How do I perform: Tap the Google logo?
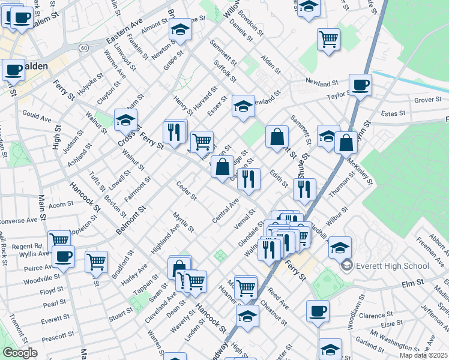pyautogui.click(x=20, y=353)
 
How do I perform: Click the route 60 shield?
pyautogui.click(x=84, y=47)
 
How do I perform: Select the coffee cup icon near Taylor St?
pyautogui.click(x=361, y=85)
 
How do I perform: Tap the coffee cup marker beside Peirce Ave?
pyautogui.click(x=63, y=257)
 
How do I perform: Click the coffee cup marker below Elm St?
pyautogui.click(x=318, y=311)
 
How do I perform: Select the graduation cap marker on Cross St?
pyautogui.click(x=125, y=121)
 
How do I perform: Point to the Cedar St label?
pyautogui.click(x=187, y=190)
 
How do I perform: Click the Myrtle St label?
pyautogui.click(x=183, y=221)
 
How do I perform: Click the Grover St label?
pyautogui.click(x=427, y=100)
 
